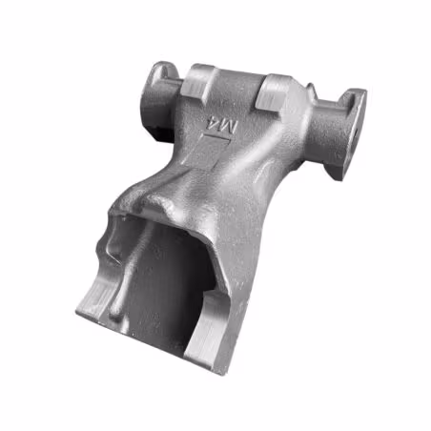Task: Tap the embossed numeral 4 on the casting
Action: point(213,122)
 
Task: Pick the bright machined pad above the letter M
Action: point(274,92)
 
